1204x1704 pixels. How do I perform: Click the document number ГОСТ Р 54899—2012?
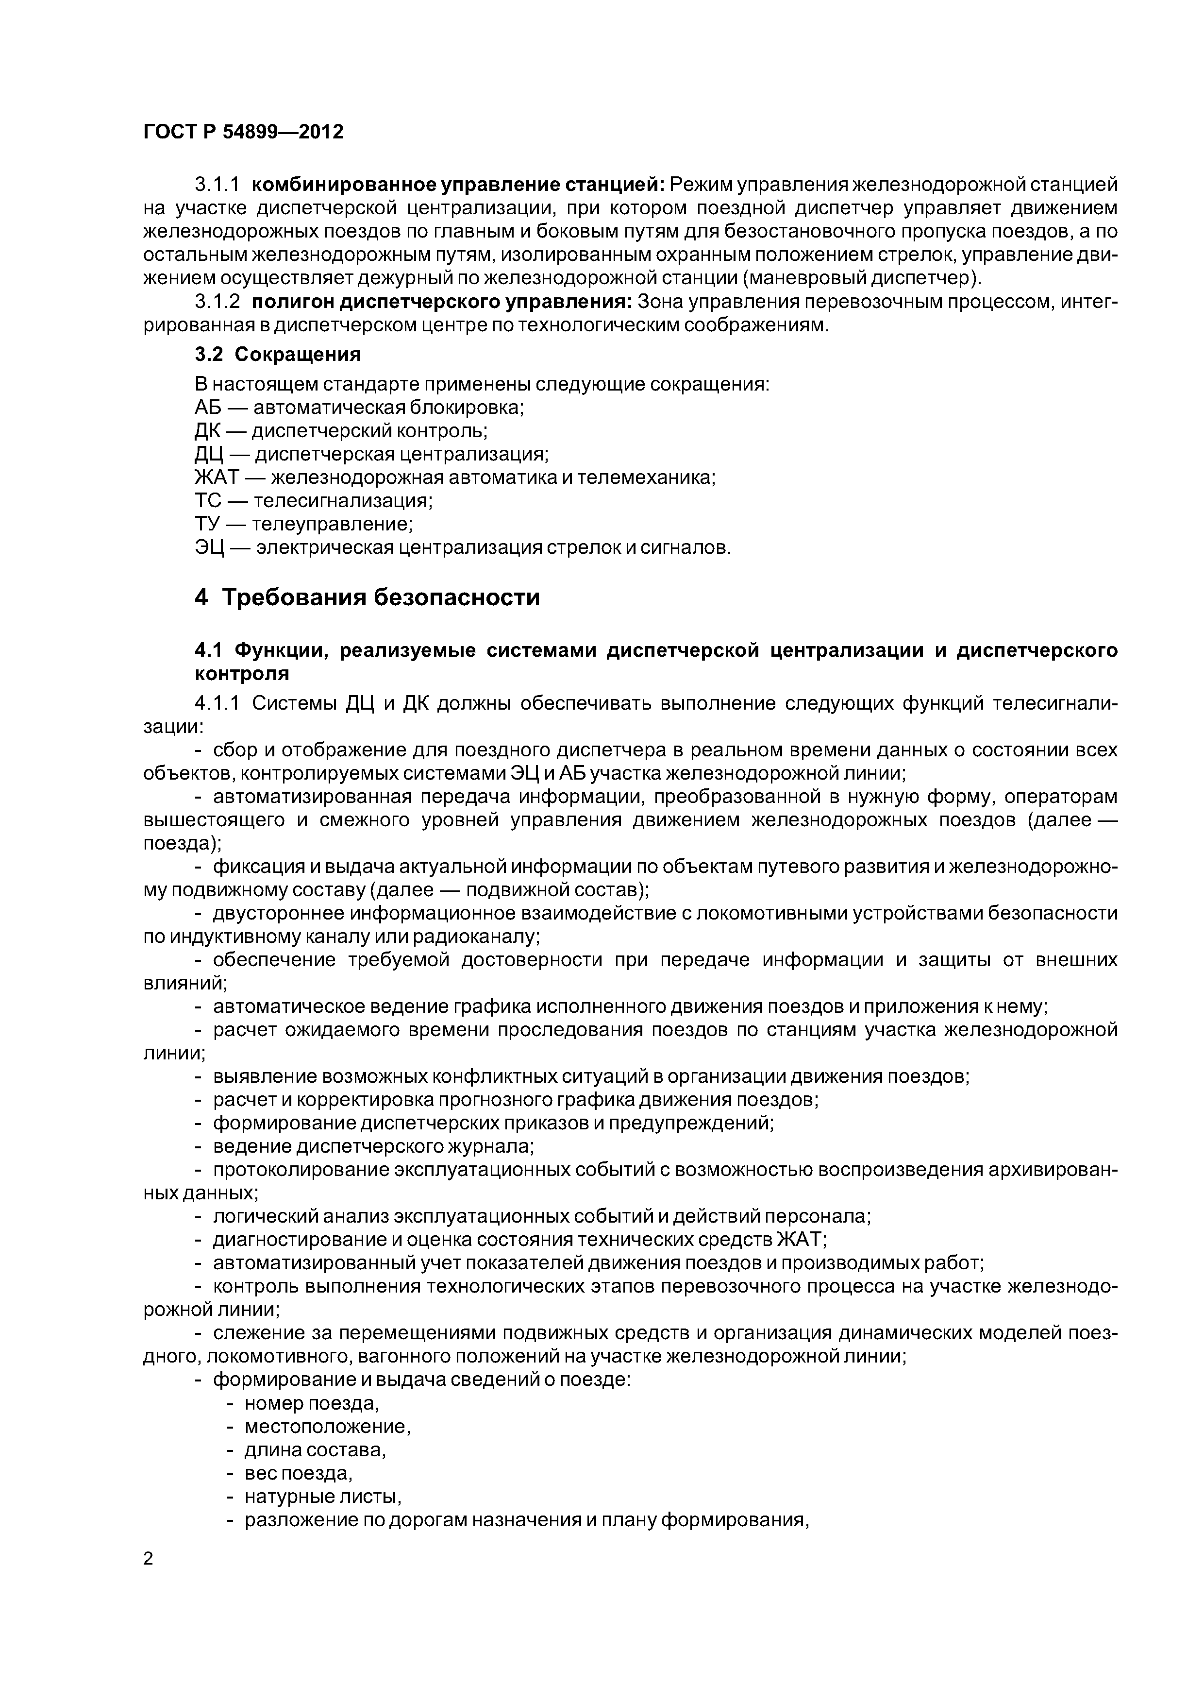(243, 132)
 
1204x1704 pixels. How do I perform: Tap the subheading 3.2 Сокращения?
(277, 355)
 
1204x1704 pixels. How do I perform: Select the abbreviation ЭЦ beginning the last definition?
(210, 548)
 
